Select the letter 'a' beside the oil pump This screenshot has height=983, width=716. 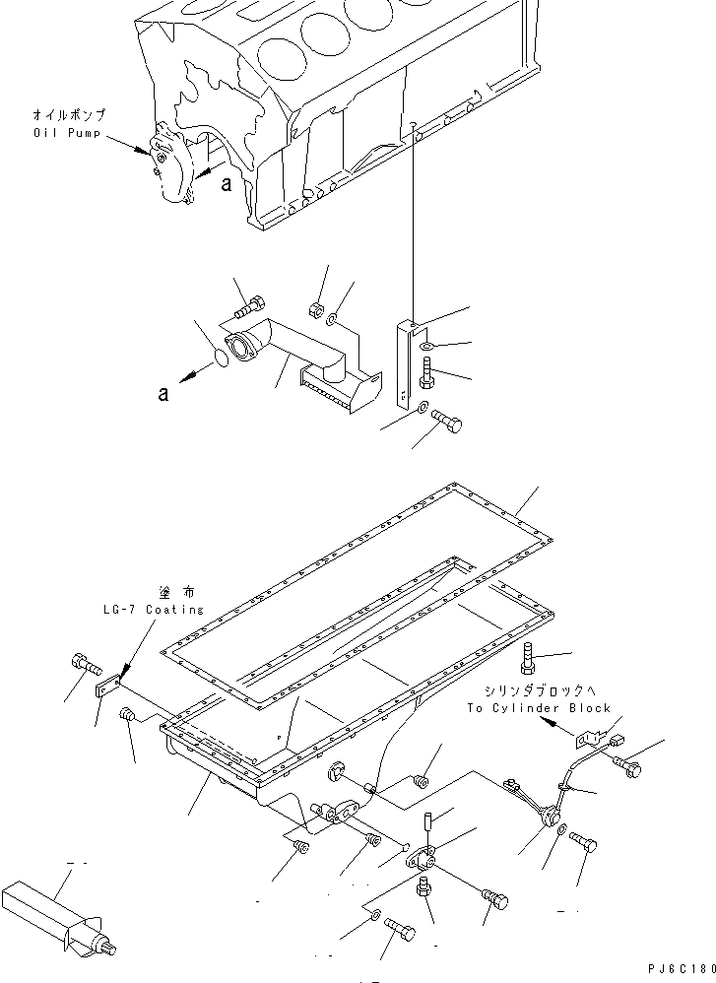(x=226, y=184)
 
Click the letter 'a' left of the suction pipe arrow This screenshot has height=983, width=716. (x=163, y=394)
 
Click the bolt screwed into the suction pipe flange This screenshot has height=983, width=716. (x=245, y=308)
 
